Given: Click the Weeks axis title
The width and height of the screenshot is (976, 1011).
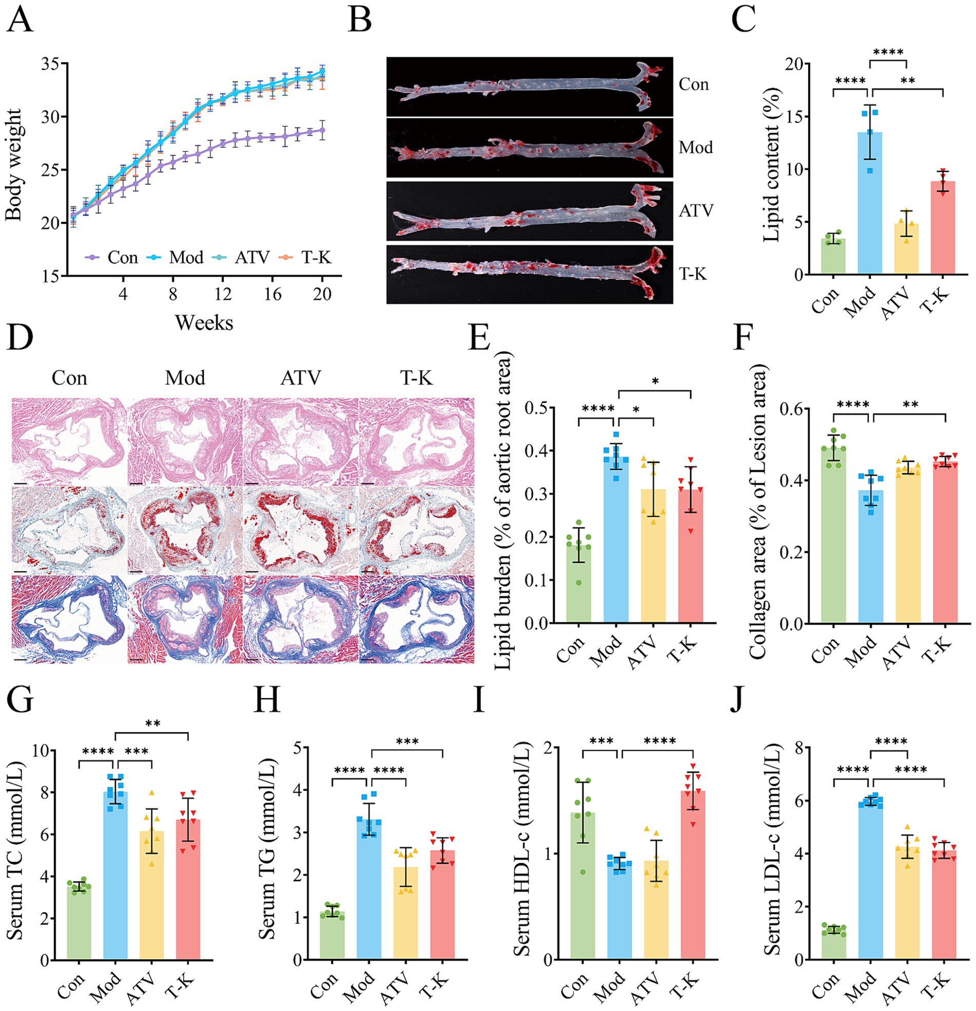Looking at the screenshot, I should pyautogui.click(x=204, y=323).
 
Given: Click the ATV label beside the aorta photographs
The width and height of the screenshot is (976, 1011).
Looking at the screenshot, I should pyautogui.click(x=696, y=211).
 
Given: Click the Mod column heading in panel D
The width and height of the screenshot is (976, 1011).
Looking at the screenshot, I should pyautogui.click(x=185, y=378).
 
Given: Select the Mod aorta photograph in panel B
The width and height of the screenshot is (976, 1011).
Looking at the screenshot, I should pyautogui.click(x=530, y=147).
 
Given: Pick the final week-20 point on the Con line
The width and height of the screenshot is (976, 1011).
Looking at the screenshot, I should pyautogui.click(x=322, y=130).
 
